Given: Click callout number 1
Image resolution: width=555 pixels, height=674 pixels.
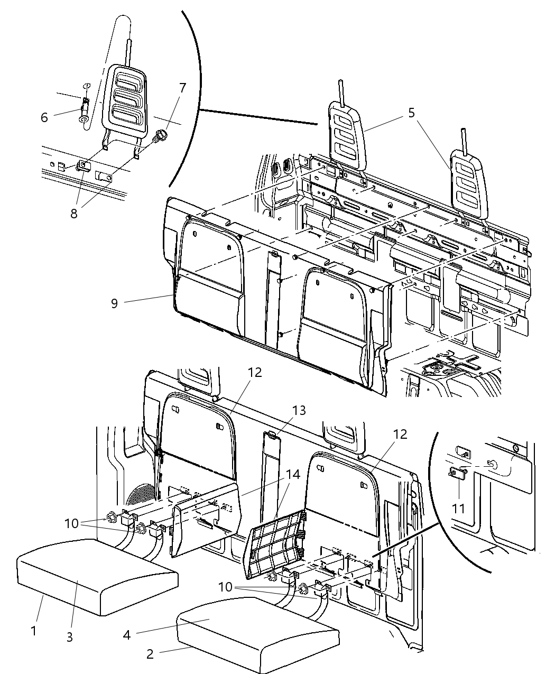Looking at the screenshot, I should coord(34,631).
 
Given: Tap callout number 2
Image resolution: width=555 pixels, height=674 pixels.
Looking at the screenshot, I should coord(150,654).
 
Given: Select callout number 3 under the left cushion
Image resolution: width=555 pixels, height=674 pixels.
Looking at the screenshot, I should coord(69,636).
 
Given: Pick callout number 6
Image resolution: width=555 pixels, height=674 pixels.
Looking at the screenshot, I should coord(44,117).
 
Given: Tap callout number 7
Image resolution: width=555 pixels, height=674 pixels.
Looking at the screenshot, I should coord(182,88).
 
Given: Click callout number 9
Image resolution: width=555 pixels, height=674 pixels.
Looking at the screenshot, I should coord(115,303).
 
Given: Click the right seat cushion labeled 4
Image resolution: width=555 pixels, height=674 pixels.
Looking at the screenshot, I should coord(259,634).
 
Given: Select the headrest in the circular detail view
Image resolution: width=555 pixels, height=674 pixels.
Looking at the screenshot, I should coord(125,100).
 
